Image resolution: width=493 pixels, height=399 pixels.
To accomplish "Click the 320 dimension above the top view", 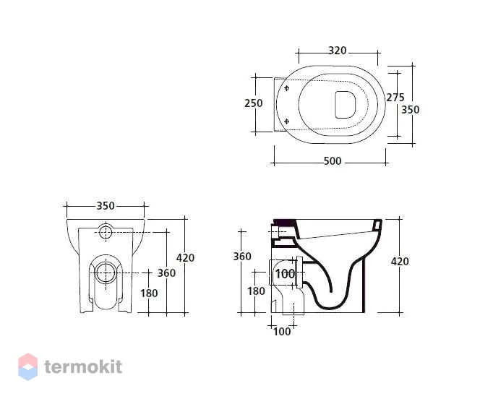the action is point(338,51).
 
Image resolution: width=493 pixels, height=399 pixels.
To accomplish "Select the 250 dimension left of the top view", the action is point(254,103).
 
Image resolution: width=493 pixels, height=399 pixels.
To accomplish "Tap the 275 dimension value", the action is point(395,98).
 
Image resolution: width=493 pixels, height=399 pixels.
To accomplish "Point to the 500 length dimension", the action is point(333,161).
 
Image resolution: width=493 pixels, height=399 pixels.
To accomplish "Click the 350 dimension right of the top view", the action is point(411,110).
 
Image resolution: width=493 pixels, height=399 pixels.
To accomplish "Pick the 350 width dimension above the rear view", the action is point(106,206).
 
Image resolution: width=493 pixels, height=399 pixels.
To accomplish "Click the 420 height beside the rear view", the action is point(185,258).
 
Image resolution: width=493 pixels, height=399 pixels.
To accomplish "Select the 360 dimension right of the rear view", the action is point(166,273).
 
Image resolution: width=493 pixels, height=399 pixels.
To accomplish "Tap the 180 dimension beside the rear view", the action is point(149,293).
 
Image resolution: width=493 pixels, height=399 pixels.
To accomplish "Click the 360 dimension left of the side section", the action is point(242,257).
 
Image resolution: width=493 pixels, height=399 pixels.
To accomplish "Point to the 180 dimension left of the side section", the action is point(256,291).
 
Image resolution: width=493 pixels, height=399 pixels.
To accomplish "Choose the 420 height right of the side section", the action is point(400,261).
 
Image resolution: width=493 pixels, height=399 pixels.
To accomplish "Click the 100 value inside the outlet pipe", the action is point(285,274).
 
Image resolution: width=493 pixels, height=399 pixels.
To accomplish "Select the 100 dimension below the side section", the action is point(282,331).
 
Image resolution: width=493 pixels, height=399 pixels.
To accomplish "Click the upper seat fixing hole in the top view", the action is point(286,88).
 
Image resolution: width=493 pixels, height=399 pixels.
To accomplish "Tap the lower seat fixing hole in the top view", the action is point(286,121).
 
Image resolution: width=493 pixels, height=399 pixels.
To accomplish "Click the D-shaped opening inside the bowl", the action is point(346,105).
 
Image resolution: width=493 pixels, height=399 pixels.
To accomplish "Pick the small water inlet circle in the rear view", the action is point(106,232).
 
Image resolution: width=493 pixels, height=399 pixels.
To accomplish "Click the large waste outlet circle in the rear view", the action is point(106,273).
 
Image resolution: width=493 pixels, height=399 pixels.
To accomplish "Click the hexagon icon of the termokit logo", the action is point(28,366).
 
